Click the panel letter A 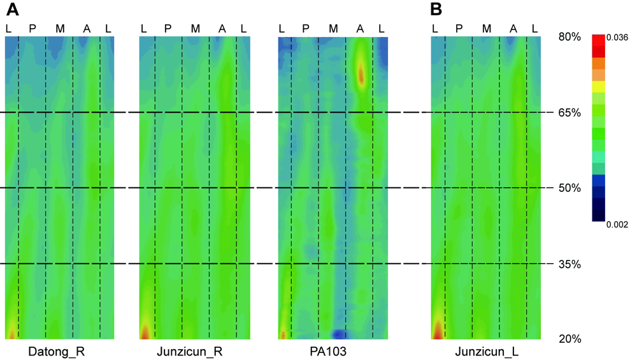tap(12, 10)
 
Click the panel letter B tap(436, 10)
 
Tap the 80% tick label tap(569, 37)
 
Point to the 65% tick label tap(569, 113)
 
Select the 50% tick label tap(569, 188)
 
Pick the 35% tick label tap(569, 263)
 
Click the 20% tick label tap(569, 338)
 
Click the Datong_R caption tap(60, 351)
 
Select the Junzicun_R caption tap(195, 351)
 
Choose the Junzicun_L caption tap(486, 351)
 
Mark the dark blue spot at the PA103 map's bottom tap(340, 333)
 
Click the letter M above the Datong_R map tap(60, 28)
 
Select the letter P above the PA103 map tap(306, 28)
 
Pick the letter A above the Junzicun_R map tap(222, 28)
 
